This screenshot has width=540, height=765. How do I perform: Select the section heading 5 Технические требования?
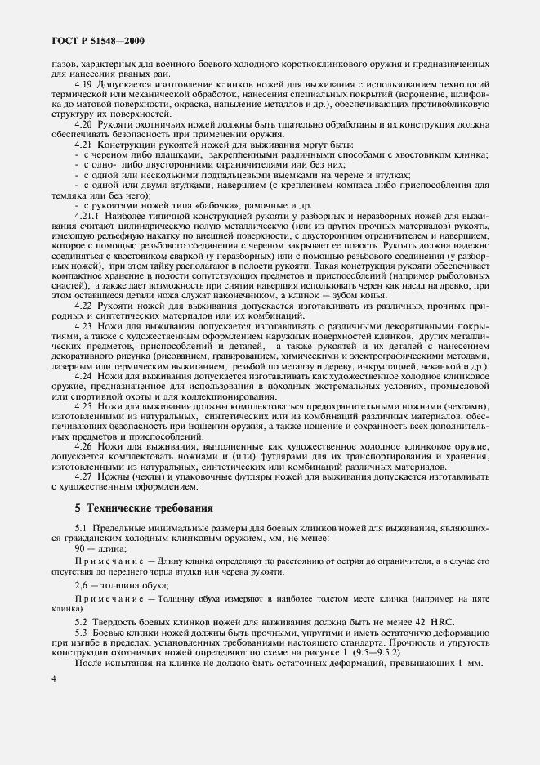pyautogui.click(x=144, y=508)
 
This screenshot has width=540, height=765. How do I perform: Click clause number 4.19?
pyautogui.click(x=83, y=84)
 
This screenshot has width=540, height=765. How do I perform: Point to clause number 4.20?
pyautogui.click(x=83, y=123)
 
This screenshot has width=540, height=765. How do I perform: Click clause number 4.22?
pyautogui.click(x=83, y=304)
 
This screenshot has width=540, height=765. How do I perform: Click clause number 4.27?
pyautogui.click(x=83, y=479)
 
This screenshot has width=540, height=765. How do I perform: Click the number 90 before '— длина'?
pyautogui.click(x=79, y=549)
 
